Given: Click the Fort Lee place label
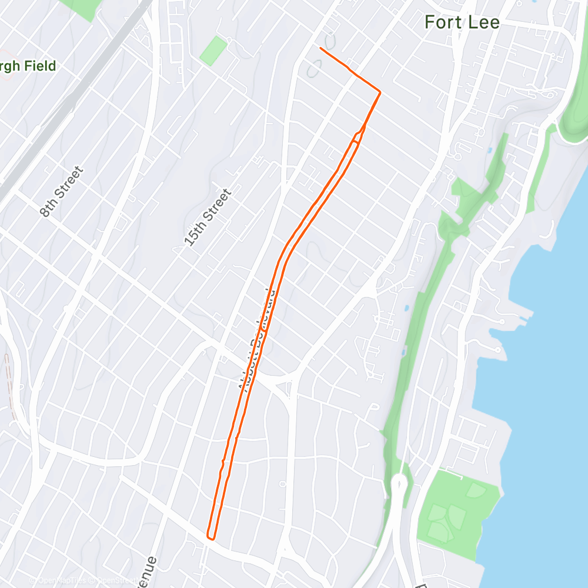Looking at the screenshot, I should pyautogui.click(x=462, y=23).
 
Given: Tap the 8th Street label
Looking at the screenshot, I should pyautogui.click(x=62, y=192).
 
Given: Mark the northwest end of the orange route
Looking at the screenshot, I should pyautogui.click(x=320, y=48).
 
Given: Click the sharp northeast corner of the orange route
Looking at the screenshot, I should pyautogui.click(x=380, y=92).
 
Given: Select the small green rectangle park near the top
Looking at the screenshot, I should pyautogui.click(x=213, y=51).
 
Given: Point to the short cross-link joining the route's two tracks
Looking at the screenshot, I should pyautogui.click(x=266, y=331).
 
